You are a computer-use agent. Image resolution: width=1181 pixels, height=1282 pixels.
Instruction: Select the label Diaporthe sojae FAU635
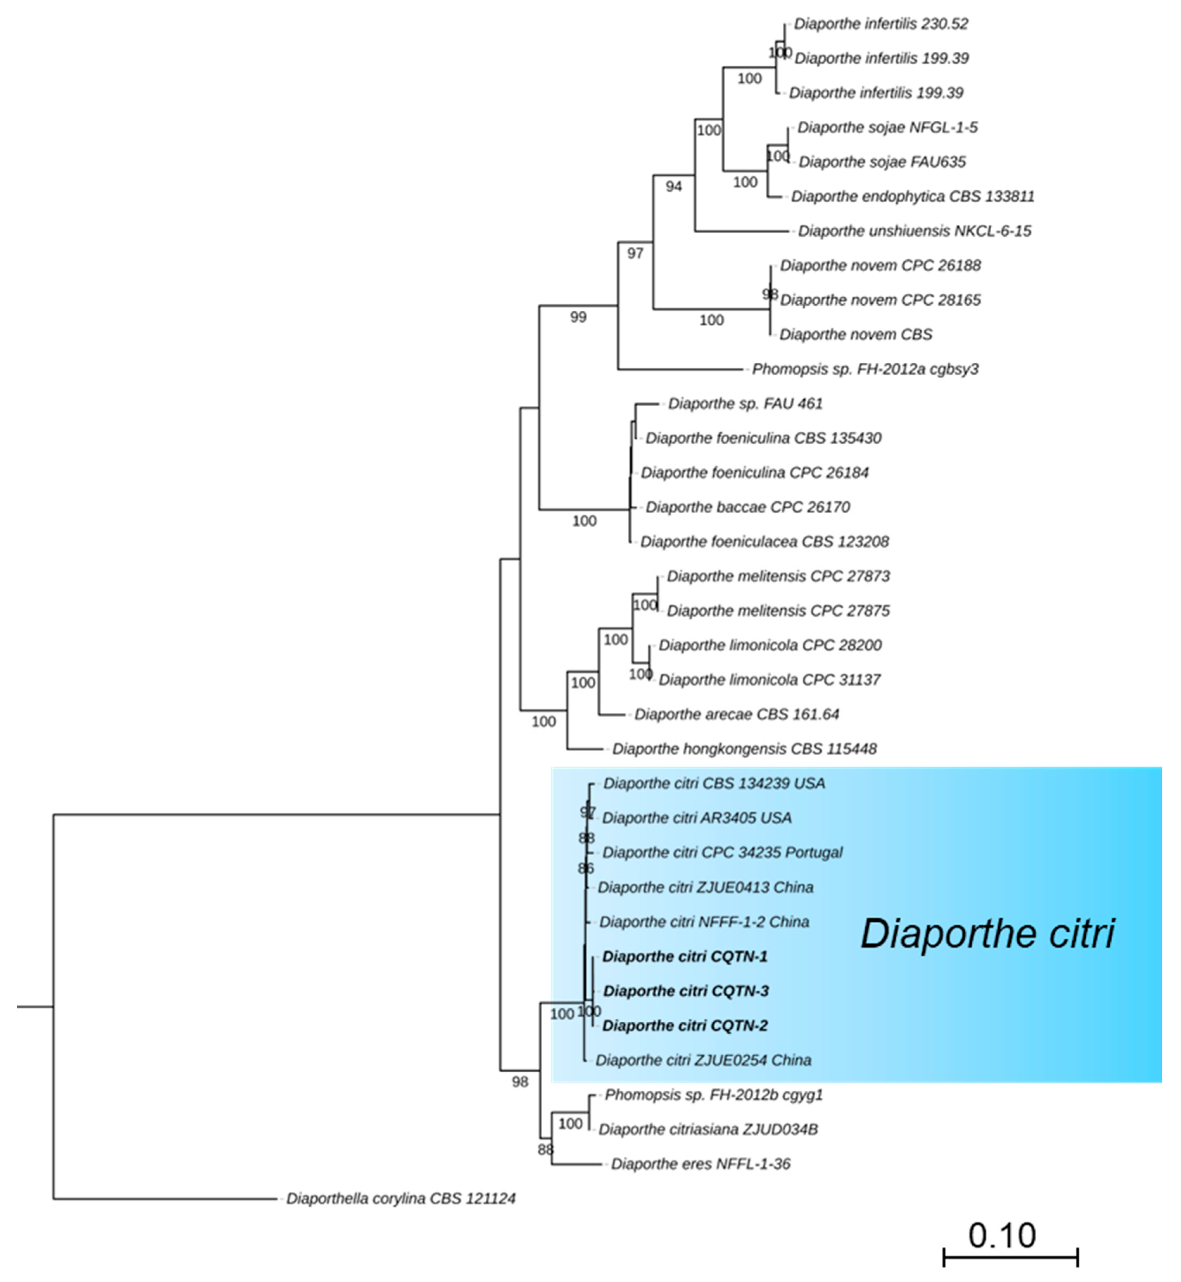click(882, 162)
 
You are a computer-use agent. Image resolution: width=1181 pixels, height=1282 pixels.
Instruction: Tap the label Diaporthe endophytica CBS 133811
click(912, 197)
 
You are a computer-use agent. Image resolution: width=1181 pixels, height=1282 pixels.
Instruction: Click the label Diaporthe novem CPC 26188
click(880, 266)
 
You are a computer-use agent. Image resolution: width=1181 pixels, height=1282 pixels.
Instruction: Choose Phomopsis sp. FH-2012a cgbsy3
click(865, 369)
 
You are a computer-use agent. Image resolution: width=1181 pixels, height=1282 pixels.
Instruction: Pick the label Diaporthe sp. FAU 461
click(745, 404)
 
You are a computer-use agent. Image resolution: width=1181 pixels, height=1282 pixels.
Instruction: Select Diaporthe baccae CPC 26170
click(748, 507)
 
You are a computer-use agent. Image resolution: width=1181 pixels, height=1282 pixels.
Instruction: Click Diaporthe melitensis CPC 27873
click(778, 576)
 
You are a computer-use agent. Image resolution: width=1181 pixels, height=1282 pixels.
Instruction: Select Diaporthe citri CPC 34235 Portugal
click(722, 853)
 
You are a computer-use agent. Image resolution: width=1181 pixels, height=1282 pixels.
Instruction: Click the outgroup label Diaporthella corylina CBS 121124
click(401, 1199)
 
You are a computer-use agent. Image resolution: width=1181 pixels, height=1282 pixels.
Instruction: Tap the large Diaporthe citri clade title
click(987, 934)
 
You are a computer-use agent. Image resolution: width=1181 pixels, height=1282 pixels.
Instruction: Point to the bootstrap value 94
click(674, 186)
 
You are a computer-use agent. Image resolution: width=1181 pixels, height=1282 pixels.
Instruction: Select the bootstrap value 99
click(578, 317)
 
